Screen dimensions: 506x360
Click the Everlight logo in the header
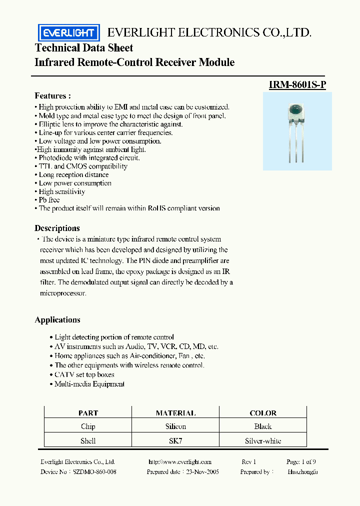[69, 33]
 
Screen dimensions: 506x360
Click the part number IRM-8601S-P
[297, 85]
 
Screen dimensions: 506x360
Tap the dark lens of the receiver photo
[296, 109]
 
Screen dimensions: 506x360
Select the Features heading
[52, 95]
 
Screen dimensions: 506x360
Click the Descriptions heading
[57, 228]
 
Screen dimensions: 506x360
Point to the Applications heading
[57, 320]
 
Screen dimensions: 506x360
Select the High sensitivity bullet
[61, 191]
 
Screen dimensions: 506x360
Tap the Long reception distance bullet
[73, 175]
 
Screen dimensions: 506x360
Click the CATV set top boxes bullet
[84, 374]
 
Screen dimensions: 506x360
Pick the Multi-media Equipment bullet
[89, 384]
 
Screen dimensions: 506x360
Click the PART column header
[88, 413]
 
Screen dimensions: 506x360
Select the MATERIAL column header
[175, 413]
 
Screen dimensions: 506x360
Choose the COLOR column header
[262, 413]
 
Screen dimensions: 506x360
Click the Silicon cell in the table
[175, 426]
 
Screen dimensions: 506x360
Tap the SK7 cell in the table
[175, 441]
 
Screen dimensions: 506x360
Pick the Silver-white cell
[262, 441]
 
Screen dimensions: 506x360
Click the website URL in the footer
[180, 462]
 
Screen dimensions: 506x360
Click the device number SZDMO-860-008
[94, 471]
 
